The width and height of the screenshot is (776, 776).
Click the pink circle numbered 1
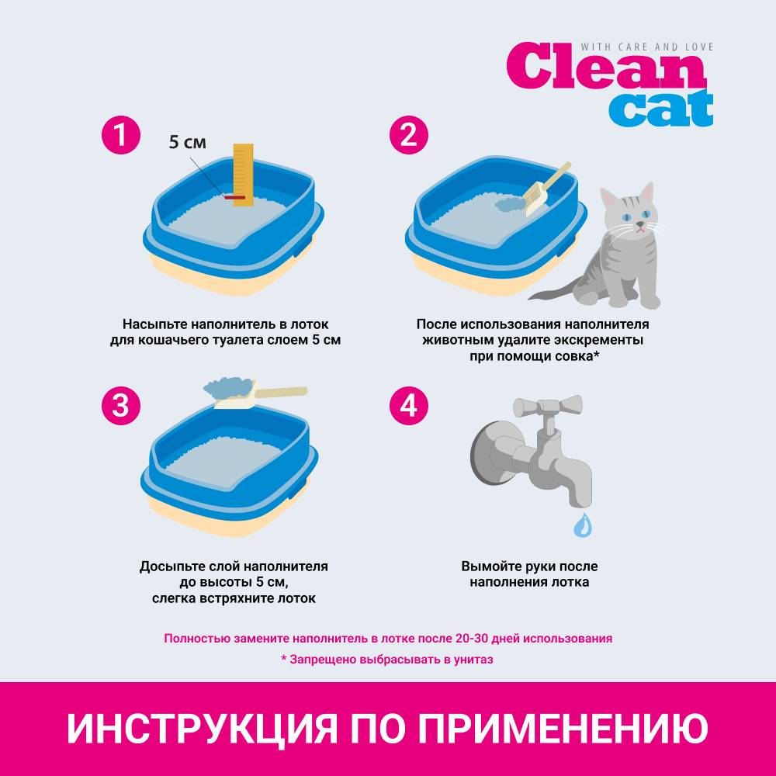pos(121,134)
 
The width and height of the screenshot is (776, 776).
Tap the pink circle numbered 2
pos(408,134)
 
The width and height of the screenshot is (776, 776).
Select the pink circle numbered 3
pos(121,406)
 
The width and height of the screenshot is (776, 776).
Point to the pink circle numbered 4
pos(408,406)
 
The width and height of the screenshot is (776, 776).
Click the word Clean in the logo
pos(606,66)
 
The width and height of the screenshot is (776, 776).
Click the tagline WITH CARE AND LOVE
pos(647,47)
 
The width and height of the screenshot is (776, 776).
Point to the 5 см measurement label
pos(188,142)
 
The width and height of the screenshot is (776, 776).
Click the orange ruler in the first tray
pos(243,175)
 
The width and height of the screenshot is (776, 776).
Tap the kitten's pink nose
pos(640,225)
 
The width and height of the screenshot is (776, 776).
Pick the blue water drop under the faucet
pos(583,525)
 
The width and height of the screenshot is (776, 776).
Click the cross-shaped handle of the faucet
pos(547,407)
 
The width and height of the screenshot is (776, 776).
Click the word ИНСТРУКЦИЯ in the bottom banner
pos(202,728)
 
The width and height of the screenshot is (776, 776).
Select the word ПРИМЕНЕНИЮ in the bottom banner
pos(563,728)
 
